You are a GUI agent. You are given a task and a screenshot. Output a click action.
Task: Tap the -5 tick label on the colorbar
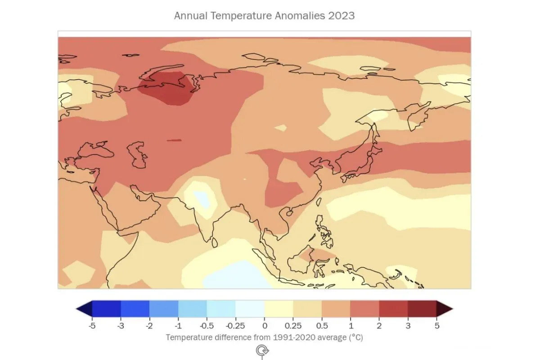click(x=92, y=325)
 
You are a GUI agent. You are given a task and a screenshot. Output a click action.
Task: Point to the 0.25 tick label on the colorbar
click(x=293, y=325)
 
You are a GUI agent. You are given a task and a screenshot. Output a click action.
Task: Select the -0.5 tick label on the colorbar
click(x=207, y=325)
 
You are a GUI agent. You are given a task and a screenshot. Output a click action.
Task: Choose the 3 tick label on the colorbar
click(x=408, y=325)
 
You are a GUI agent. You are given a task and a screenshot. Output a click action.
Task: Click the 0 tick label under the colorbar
click(x=265, y=325)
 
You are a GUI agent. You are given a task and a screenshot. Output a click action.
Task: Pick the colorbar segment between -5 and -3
click(x=106, y=309)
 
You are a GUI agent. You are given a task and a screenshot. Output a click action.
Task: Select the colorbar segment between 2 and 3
click(x=393, y=309)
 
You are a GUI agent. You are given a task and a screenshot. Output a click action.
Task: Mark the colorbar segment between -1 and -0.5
click(x=193, y=309)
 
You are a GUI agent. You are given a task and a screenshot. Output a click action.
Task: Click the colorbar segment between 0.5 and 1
click(x=336, y=309)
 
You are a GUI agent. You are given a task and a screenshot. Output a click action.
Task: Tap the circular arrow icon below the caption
click(x=261, y=350)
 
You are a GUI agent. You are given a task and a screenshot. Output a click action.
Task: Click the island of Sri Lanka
click(x=215, y=243)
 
